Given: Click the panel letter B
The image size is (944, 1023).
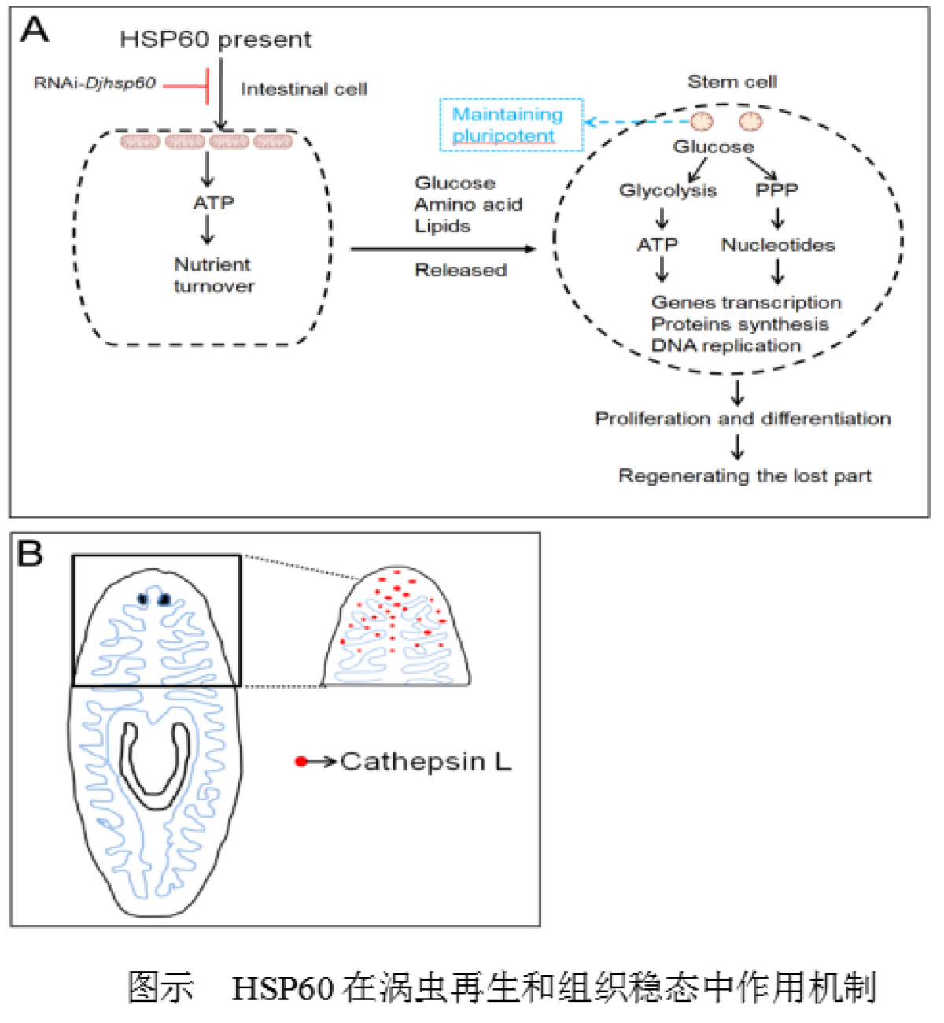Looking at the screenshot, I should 30,553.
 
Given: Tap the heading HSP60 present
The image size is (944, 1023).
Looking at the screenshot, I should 216,39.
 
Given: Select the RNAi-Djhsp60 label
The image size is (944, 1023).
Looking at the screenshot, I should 94,83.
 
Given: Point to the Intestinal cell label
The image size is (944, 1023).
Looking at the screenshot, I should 304,89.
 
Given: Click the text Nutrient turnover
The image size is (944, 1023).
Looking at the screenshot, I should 213,275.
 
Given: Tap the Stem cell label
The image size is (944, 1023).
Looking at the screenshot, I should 732,82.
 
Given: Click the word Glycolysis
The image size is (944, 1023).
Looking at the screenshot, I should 668,190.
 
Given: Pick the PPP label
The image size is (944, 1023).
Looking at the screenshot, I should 776,190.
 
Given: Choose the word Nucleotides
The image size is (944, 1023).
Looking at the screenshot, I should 778,245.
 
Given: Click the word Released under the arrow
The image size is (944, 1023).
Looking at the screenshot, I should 460,270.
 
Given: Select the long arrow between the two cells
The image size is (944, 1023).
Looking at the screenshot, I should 442,249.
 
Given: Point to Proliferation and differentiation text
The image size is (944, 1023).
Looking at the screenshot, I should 743,418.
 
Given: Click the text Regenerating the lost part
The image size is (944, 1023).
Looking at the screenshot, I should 745,475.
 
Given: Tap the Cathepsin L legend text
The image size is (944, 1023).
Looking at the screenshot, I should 426,761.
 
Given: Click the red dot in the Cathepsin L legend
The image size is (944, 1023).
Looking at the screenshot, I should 301,761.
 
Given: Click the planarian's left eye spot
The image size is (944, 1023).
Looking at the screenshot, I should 143,599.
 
